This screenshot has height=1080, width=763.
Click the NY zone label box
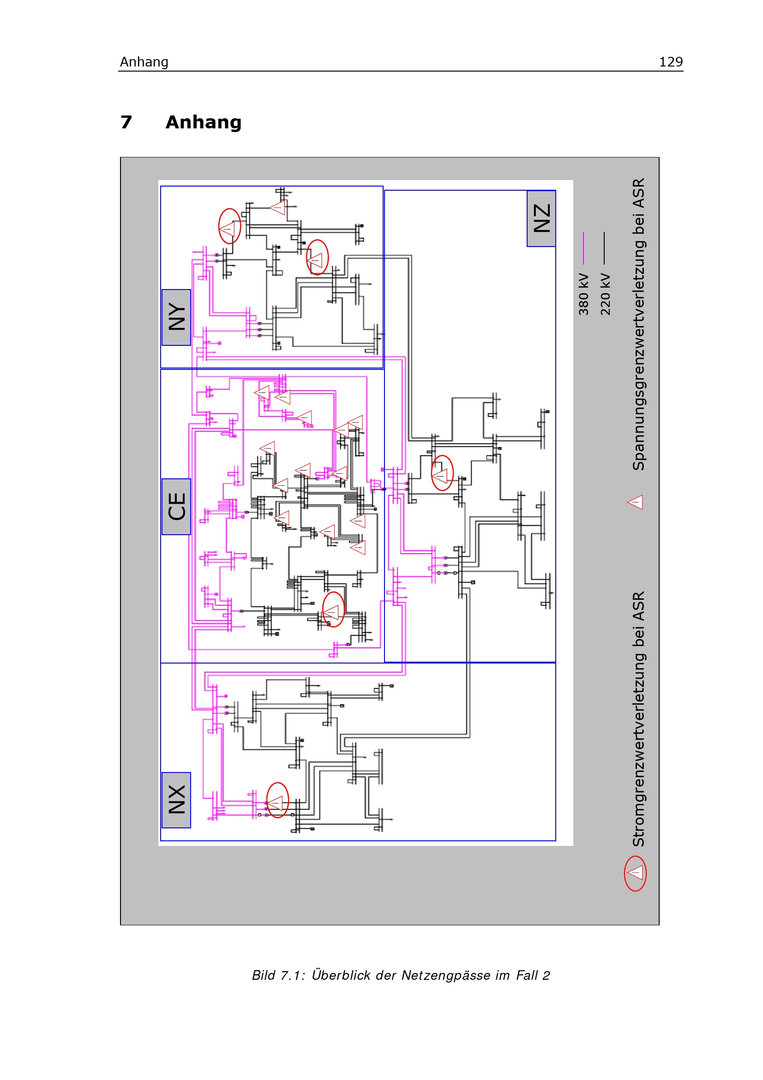[176, 317]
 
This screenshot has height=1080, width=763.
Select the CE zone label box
[176, 506]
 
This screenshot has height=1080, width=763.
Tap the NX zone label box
[176, 800]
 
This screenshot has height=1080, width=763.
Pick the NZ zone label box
[541, 218]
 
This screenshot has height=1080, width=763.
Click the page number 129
[671, 61]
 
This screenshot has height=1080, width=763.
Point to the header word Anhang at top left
[144, 62]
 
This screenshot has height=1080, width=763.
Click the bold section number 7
[126, 122]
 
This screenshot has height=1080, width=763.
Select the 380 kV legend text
[583, 294]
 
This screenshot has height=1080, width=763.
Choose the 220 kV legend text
[605, 294]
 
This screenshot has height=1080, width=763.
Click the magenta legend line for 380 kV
[583, 248]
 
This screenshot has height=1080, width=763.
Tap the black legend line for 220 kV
[605, 248]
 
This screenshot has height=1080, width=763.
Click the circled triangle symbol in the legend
[635, 874]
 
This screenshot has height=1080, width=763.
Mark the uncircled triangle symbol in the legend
[635, 502]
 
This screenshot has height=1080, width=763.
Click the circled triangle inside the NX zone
[277, 800]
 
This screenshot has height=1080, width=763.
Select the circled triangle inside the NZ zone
[442, 473]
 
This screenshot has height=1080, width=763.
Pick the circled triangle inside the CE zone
[333, 609]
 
